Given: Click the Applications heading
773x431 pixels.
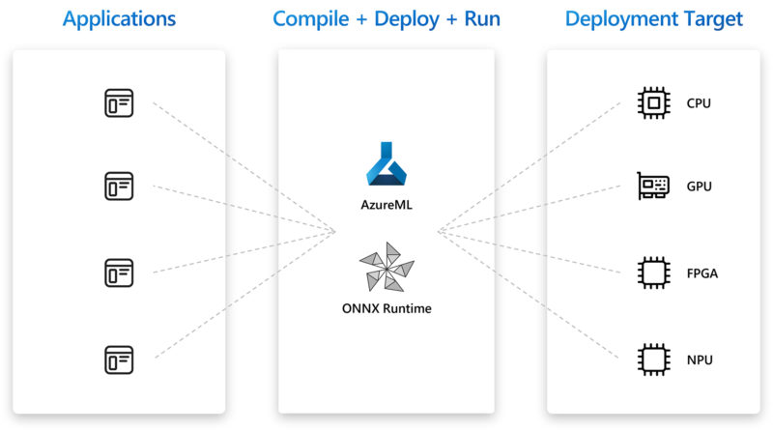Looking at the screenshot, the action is click(x=119, y=19).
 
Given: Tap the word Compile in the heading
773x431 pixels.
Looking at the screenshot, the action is click(x=310, y=18).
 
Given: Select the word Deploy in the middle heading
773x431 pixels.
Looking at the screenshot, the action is click(x=407, y=19).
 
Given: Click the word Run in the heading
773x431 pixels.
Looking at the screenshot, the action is click(x=482, y=18).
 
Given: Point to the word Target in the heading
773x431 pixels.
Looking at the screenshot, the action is click(x=713, y=19).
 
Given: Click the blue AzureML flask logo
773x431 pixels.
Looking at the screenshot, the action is click(x=386, y=163).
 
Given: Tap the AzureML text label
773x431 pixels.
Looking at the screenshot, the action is click(x=386, y=205).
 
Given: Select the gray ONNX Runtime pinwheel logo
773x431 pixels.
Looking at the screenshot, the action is click(x=387, y=267).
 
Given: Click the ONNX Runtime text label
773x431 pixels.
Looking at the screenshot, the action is click(x=386, y=308).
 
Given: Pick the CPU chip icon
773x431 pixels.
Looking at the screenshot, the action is click(x=654, y=103).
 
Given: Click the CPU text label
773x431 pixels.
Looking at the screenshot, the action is click(x=699, y=103).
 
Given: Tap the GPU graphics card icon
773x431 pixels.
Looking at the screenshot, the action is click(x=653, y=186).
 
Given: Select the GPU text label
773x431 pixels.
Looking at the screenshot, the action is click(x=699, y=187).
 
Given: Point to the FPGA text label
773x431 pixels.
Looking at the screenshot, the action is click(x=702, y=273).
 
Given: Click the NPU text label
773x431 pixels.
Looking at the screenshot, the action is click(x=700, y=360).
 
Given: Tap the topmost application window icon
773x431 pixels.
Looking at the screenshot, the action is click(x=119, y=103).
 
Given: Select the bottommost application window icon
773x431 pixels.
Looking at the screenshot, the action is click(x=119, y=360).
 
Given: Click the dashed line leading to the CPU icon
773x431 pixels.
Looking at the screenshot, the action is click(x=529, y=166).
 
